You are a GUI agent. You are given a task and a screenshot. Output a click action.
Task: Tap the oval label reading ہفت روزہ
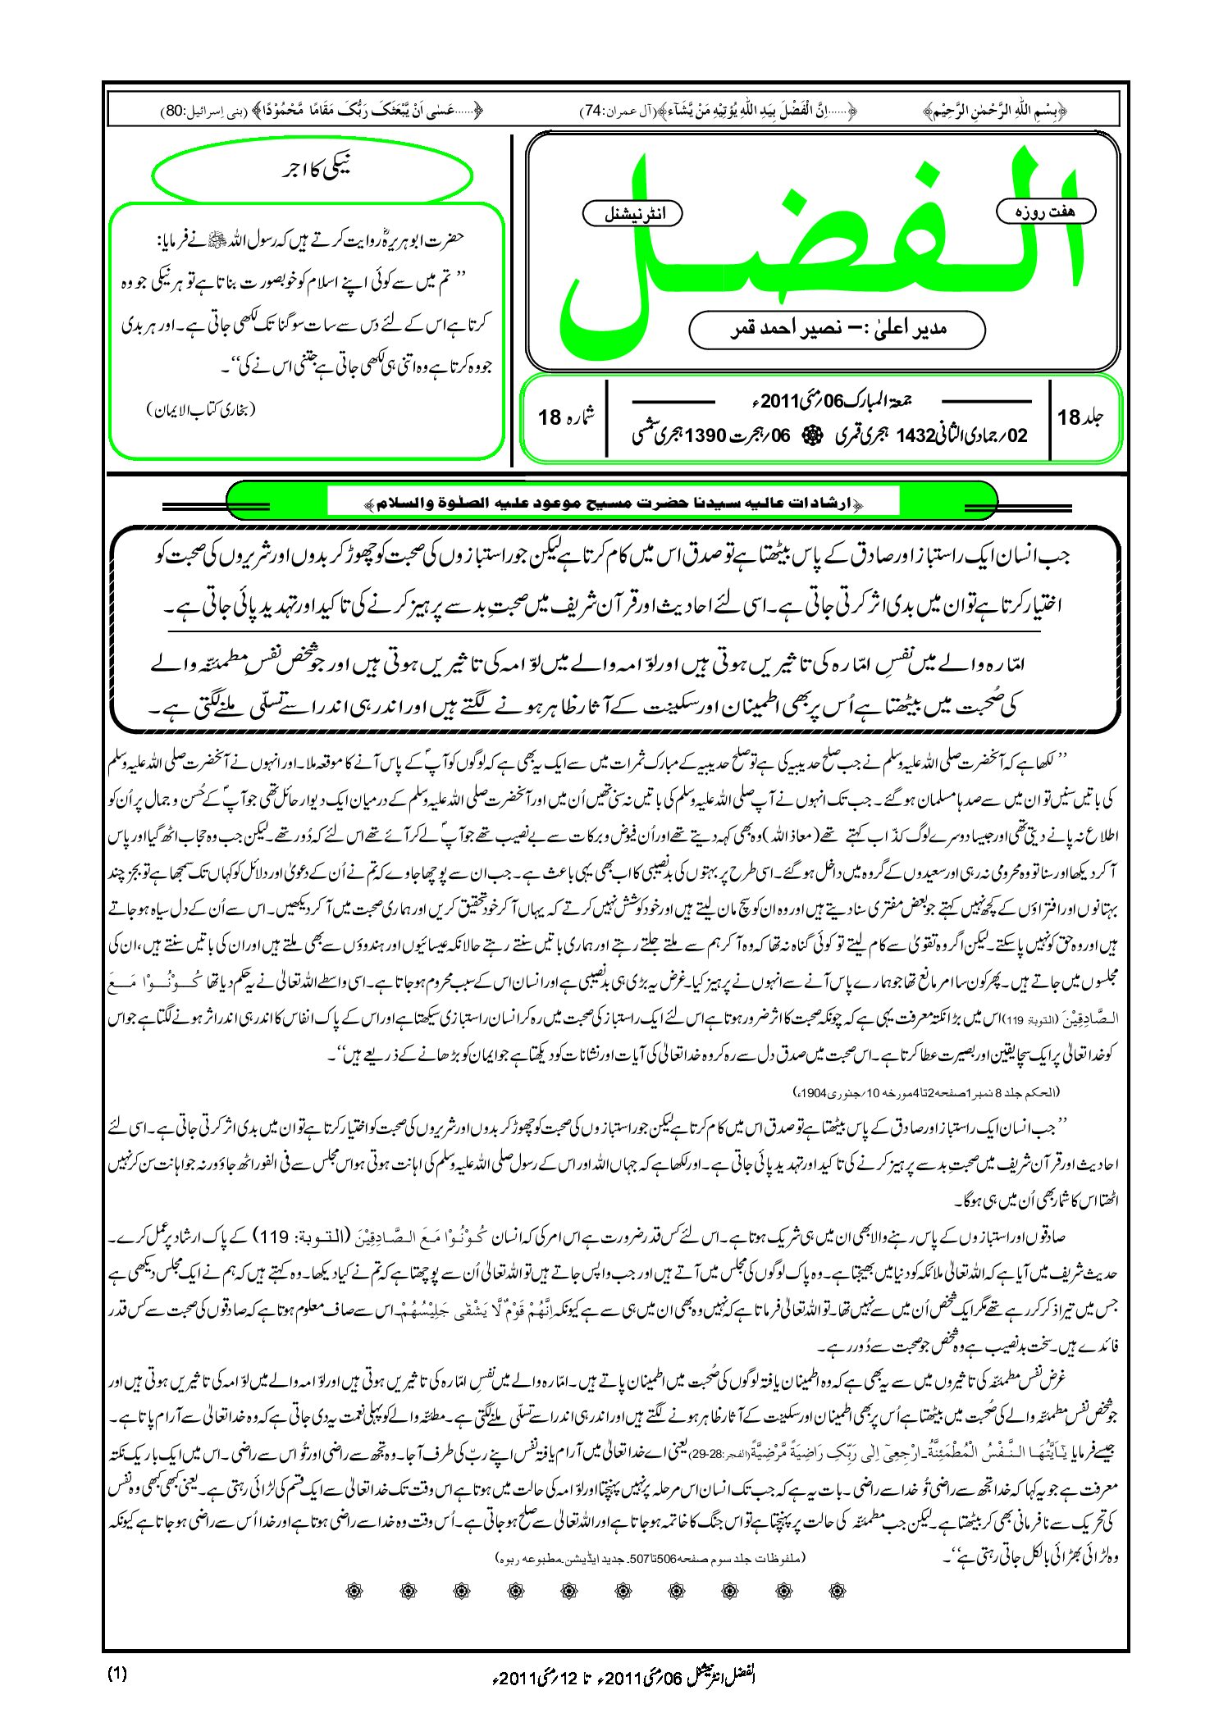click(1045, 212)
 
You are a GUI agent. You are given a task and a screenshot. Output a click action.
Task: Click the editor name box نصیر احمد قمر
click(836, 329)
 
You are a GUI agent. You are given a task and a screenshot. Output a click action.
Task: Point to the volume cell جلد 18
click(1080, 417)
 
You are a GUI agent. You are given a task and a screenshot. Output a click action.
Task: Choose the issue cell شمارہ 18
click(567, 417)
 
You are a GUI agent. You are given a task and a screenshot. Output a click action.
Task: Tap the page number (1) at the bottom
click(116, 1674)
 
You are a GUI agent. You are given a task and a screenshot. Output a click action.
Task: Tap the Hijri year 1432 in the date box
click(915, 435)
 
